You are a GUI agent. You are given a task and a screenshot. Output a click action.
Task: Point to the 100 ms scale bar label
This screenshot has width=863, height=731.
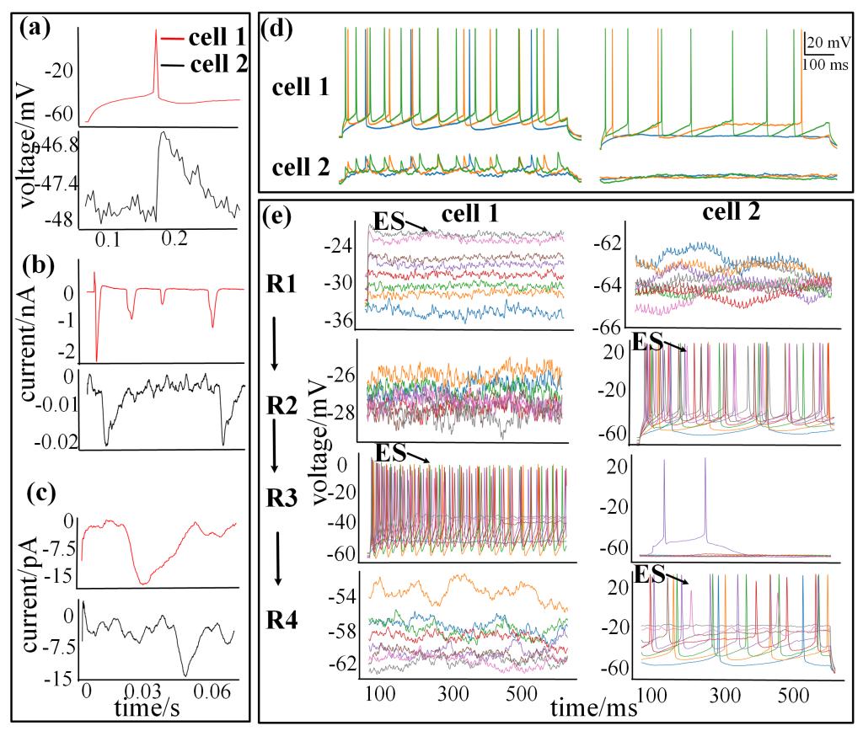click(x=817, y=64)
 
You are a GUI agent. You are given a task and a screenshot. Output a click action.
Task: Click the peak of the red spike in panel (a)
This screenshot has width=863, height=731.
click(x=156, y=31)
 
